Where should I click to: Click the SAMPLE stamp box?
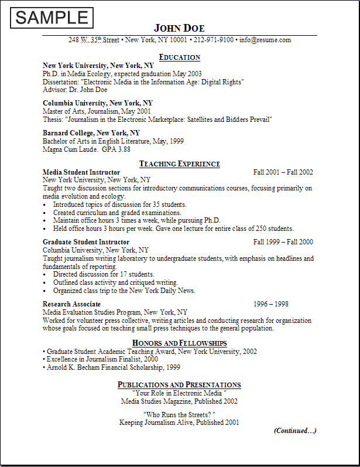pyautogui.click(x=52, y=18)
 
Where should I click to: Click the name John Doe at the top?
pyautogui.click(x=179, y=29)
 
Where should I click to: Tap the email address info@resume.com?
pyautogui.click(x=265, y=40)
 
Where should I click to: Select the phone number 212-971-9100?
pyautogui.click(x=214, y=40)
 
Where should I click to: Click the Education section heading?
pyautogui.click(x=179, y=57)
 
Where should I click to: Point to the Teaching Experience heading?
pyautogui.click(x=179, y=163)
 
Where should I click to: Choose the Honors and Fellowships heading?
pyautogui.click(x=179, y=343)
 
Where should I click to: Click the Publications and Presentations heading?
pyautogui.click(x=179, y=384)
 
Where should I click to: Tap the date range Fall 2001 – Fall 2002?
pyautogui.click(x=283, y=172)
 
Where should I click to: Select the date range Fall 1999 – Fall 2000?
pyautogui.click(x=283, y=241)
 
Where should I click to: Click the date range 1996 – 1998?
pyautogui.click(x=270, y=304)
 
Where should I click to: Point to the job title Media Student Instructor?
pyautogui.click(x=81, y=172)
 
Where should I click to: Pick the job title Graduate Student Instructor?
pyautogui.click(x=86, y=241)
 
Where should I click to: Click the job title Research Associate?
pyautogui.click(x=71, y=304)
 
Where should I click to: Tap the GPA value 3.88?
pyautogui.click(x=124, y=149)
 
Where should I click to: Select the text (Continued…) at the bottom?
pyautogui.click(x=295, y=431)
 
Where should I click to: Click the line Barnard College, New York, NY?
pyautogui.click(x=91, y=133)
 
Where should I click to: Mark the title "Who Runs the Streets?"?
pyautogui.click(x=179, y=414)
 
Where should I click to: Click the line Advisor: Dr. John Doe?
pyautogui.click(x=75, y=90)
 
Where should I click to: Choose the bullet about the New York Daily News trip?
pyautogui.click(x=124, y=291)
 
